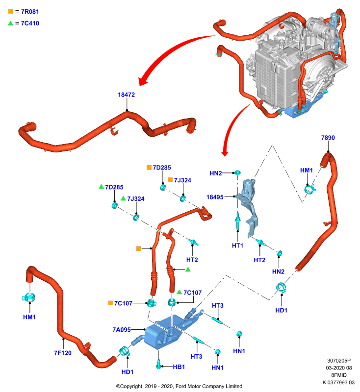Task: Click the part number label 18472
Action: click(x=127, y=95)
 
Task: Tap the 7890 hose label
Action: click(x=328, y=138)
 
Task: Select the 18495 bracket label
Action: click(x=215, y=197)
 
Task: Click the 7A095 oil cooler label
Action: click(x=122, y=330)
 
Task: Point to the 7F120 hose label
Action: click(x=63, y=353)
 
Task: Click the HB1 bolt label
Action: click(x=179, y=367)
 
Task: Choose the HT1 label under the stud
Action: click(x=237, y=245)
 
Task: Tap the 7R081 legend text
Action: click(x=30, y=11)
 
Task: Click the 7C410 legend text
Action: click(x=30, y=23)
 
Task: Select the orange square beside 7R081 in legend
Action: click(x=10, y=11)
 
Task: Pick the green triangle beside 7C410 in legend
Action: click(x=10, y=23)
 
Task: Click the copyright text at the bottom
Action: click(x=179, y=386)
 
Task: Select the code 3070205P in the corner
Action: click(x=339, y=361)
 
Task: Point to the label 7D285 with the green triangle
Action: click(x=114, y=187)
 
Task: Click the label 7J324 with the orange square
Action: click(x=182, y=180)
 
